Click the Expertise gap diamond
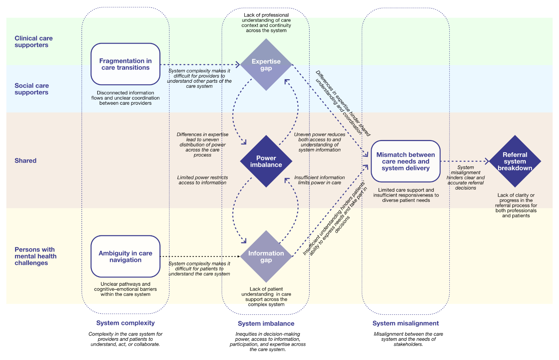click(266, 65)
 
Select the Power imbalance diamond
click(266, 161)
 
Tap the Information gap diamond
click(266, 257)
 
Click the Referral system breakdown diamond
click(515, 161)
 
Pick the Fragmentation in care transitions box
click(125, 64)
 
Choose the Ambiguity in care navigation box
click(125, 257)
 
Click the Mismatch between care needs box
click(405, 161)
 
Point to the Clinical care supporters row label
click(34, 42)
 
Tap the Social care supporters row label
click(31, 89)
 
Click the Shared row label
click(26, 161)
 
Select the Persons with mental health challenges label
click(35, 256)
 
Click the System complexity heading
click(125, 323)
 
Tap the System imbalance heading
click(266, 324)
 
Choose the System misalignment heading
click(405, 323)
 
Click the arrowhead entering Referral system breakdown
click(487, 161)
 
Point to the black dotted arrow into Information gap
click(199, 257)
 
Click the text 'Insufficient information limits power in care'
click(319, 180)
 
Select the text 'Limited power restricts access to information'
click(202, 180)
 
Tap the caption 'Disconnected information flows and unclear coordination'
click(125, 98)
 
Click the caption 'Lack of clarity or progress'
click(516, 205)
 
